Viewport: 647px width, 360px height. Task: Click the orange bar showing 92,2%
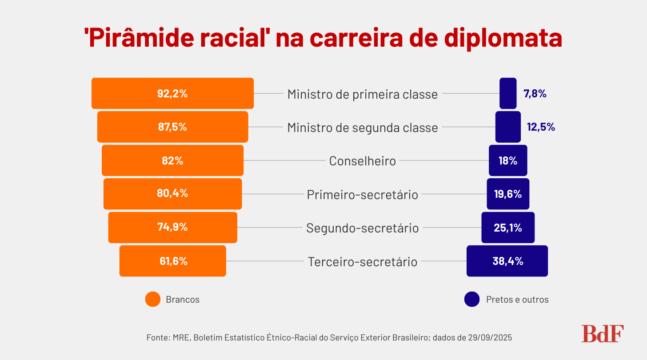tap(172, 93)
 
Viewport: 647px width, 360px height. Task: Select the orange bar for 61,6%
tap(172, 261)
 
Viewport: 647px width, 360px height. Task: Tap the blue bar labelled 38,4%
tap(507, 261)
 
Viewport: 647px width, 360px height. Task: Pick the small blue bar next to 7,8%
tap(508, 93)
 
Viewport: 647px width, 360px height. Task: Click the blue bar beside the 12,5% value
tap(508, 127)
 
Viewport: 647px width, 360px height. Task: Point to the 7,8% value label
tap(535, 94)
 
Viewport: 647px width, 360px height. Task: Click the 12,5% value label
tap(541, 127)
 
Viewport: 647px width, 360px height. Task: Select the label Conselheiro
tap(362, 161)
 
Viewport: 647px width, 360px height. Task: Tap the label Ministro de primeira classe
tap(362, 94)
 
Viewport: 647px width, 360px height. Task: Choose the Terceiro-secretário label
tap(363, 262)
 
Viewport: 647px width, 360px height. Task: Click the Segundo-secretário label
tap(362, 228)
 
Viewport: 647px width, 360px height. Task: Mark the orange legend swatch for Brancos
tap(153, 299)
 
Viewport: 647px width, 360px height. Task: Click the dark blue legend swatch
tap(471, 299)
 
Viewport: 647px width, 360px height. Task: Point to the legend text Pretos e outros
tap(517, 300)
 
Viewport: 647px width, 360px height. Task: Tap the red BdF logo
tap(603, 334)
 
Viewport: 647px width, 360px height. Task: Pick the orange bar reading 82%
tap(172, 160)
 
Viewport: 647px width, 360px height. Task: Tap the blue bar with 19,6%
tap(508, 194)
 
